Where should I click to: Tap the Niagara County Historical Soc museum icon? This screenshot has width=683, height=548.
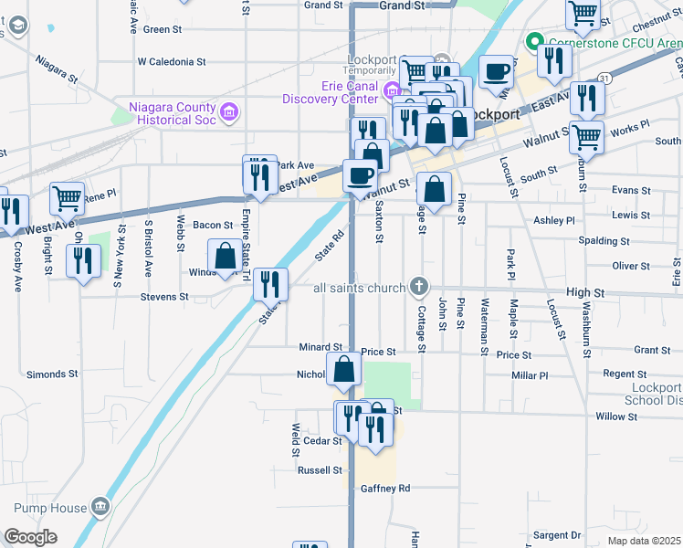tap(229, 112)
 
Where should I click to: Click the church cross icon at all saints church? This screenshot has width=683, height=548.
tap(419, 288)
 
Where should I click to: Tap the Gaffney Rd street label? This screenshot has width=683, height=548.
tap(384, 488)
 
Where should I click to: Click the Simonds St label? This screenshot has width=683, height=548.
tap(52, 374)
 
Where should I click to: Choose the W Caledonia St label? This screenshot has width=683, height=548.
tap(171, 62)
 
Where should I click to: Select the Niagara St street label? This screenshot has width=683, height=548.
tap(58, 62)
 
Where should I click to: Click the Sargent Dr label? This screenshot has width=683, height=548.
tap(557, 534)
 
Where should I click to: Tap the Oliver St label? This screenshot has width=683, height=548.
tap(631, 266)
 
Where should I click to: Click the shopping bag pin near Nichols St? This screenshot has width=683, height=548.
tap(344, 370)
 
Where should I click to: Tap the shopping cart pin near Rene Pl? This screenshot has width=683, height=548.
tap(68, 197)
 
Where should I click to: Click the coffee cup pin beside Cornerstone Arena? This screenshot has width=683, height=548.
tap(496, 70)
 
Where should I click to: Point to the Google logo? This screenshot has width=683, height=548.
tap(31, 537)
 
